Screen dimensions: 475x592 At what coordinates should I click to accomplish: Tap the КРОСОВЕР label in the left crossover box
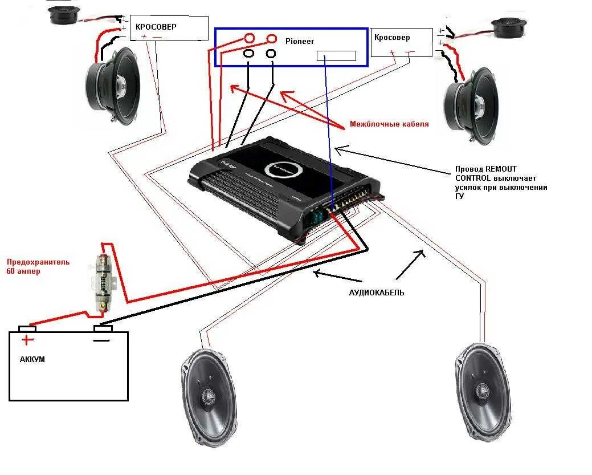(156, 27)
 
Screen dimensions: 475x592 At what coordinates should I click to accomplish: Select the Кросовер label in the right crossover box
(392, 37)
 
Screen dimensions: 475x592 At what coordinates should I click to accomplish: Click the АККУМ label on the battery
(32, 360)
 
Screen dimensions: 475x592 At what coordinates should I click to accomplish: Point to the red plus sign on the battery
(27, 341)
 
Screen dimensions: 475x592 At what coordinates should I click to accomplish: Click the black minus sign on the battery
(101, 340)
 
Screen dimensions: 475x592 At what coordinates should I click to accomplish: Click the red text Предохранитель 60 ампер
(38, 266)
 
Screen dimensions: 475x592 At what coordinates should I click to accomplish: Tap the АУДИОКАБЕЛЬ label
(377, 293)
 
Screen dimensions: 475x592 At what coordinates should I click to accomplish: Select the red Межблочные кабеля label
(389, 124)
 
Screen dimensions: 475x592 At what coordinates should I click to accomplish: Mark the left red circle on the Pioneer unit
(250, 39)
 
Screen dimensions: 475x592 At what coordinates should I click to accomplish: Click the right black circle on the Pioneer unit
(271, 54)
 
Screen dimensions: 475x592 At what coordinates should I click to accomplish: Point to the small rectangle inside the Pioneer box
(336, 55)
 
